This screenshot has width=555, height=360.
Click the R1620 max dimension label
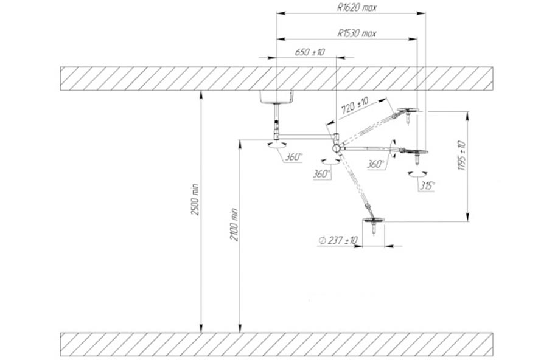click(x=357, y=8)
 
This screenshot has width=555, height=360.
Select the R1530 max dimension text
click(x=357, y=33)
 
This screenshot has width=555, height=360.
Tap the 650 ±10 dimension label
click(x=310, y=52)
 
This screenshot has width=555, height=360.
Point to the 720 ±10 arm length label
click(x=355, y=105)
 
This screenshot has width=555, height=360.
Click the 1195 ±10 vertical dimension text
click(x=462, y=156)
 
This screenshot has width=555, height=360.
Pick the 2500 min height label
click(x=195, y=200)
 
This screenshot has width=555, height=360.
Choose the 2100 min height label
click(x=234, y=224)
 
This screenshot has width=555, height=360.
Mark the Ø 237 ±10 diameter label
click(x=338, y=240)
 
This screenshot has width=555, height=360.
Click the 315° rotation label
click(x=427, y=185)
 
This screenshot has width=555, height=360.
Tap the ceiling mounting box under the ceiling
click(x=276, y=97)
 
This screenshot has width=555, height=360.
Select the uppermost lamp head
click(x=408, y=111)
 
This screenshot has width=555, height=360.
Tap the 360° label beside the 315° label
click(x=375, y=164)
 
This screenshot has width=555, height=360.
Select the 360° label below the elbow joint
click(x=322, y=174)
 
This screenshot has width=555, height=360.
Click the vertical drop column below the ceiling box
click(x=276, y=120)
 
